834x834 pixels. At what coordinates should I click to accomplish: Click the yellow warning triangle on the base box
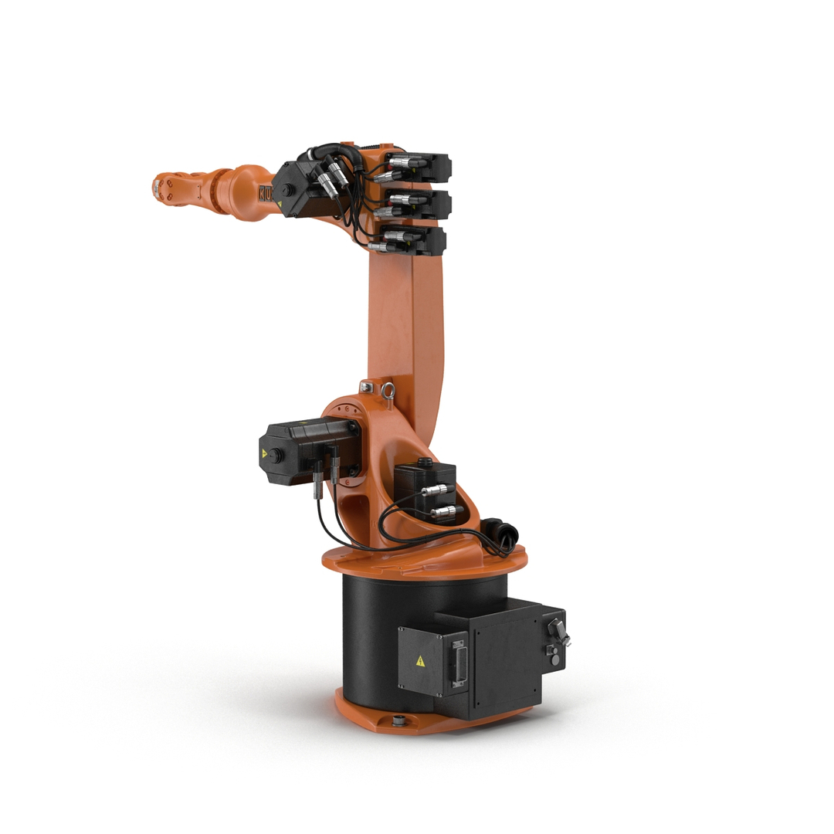tap(420, 661)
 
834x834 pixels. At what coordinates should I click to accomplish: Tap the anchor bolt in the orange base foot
tap(399, 721)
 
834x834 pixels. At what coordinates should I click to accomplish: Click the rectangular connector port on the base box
tap(459, 661)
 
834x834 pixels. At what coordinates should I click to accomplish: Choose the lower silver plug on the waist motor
tap(443, 511)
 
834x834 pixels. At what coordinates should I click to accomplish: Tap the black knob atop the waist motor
tap(423, 462)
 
